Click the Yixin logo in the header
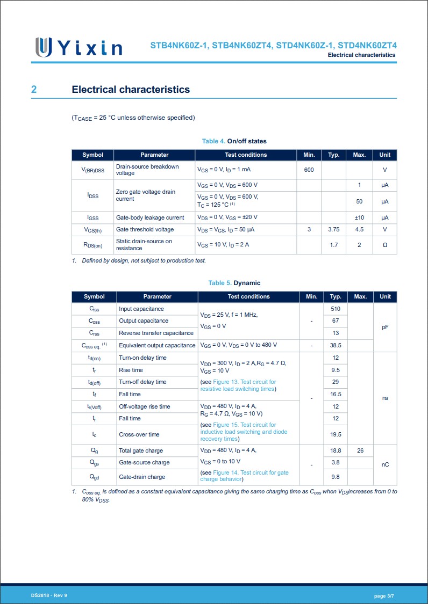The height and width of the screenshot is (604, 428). coord(79,47)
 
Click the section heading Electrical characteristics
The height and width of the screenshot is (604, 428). coord(131,90)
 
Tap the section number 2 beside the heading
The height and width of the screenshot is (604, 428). coord(34,90)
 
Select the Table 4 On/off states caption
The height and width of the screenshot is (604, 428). coord(234,141)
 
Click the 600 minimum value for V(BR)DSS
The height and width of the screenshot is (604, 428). coord(309,170)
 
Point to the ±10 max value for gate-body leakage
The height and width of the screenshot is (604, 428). coord(359,217)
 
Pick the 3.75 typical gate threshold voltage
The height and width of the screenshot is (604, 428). coord(334,230)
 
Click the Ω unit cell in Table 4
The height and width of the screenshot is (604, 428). coord(384,245)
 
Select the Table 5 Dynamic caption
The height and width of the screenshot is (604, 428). coord(234,283)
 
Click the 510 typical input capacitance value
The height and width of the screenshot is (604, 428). coord(336,309)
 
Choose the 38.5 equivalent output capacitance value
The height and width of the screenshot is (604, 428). coord(336,346)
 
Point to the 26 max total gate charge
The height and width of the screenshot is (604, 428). coord(360,451)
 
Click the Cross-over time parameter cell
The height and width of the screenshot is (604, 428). coord(139,434)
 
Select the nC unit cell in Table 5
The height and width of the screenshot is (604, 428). coord(385,465)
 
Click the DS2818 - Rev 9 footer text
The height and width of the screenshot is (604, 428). coord(49,596)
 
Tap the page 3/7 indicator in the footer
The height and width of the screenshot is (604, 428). coord(384,596)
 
